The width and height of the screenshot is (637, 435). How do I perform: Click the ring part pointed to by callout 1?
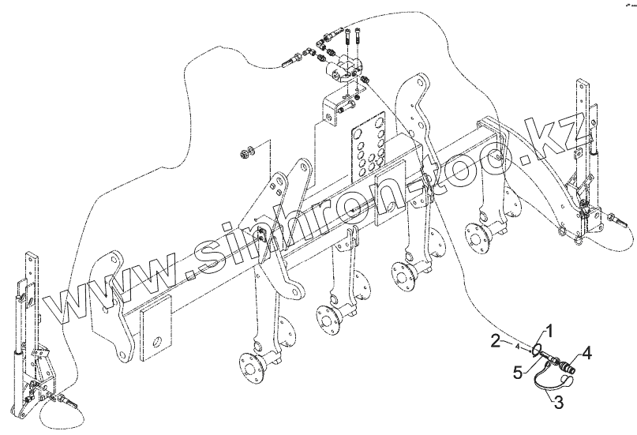point(537,348)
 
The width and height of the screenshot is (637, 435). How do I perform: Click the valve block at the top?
point(345,71)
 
